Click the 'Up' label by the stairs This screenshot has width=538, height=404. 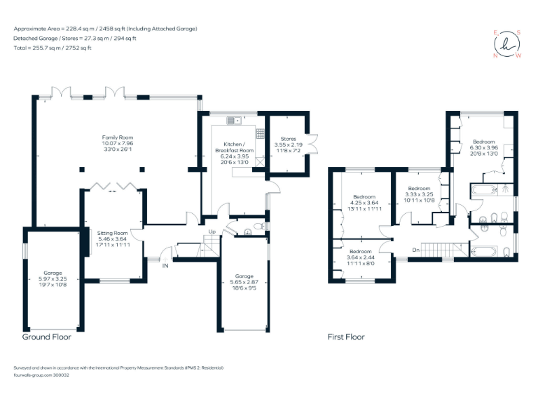212,231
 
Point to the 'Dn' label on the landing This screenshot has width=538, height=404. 415,249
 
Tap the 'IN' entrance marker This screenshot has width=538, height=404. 166,267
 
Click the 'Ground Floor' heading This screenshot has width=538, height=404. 46,337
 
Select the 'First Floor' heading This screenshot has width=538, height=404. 346,337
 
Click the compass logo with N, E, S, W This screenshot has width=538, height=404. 507,43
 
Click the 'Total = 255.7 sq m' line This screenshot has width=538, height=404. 53,48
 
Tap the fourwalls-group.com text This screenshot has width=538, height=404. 41,375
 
